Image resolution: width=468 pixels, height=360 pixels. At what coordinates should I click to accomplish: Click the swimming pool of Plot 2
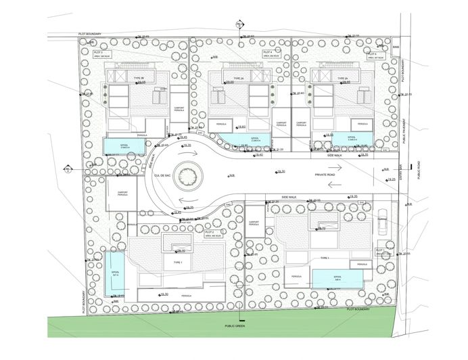point(114,273)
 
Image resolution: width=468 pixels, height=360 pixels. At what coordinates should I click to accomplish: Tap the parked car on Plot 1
point(382,227)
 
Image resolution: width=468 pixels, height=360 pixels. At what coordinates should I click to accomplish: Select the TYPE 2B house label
point(140,79)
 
